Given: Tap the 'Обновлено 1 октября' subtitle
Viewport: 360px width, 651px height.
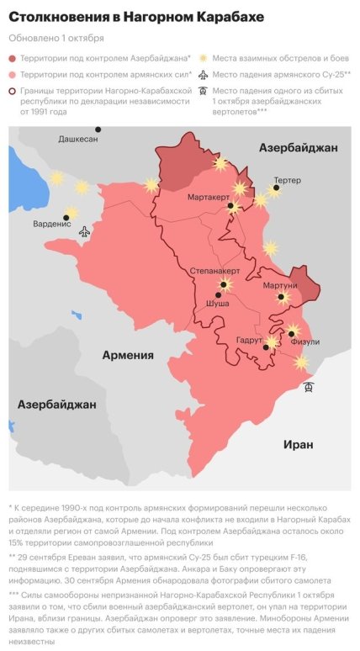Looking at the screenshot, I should point(56,38).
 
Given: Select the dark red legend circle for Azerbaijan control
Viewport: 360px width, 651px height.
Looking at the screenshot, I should point(13,58).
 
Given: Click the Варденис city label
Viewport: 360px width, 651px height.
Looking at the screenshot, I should point(51,224).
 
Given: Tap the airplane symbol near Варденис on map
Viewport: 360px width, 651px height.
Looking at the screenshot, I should point(84,231).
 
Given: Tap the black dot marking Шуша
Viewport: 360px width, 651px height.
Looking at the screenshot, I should point(218,295).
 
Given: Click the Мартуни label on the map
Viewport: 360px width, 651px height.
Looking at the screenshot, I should point(279,286).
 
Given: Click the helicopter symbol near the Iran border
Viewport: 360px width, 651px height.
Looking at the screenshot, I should point(310,387).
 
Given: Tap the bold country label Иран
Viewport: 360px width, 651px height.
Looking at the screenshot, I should point(298,444).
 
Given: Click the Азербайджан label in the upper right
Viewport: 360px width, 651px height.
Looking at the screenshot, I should point(298,148).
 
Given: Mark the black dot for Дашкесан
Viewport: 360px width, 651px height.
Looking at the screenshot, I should point(98,130).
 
